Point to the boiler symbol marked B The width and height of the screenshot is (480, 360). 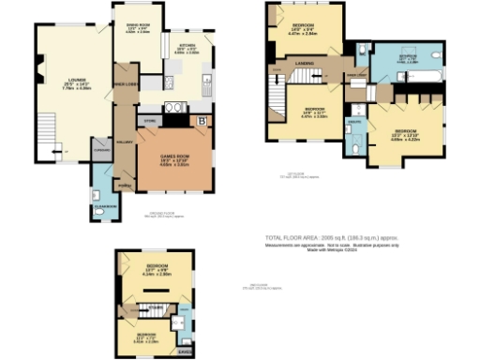pyautogui.click(x=203, y=120)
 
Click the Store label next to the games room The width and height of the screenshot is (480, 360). pyautogui.click(x=148, y=120)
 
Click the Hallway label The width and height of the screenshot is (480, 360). pyautogui.click(x=123, y=142)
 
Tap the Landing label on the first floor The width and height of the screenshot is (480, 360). pyautogui.click(x=304, y=63)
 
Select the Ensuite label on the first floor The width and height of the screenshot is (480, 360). pyautogui.click(x=355, y=123)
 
